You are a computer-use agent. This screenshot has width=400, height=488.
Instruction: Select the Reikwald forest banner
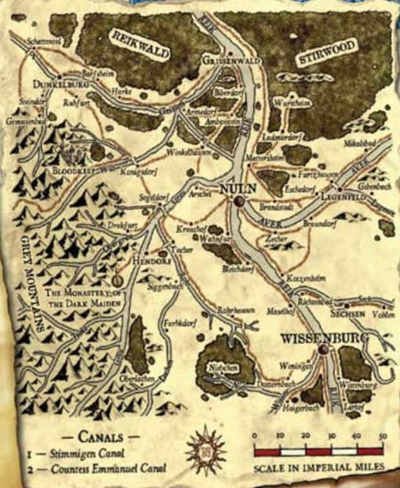coord(139,45)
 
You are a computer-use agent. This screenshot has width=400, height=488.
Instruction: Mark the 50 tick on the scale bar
coord(383,436)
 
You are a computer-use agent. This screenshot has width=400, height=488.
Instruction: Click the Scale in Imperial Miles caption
coord(319,467)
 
